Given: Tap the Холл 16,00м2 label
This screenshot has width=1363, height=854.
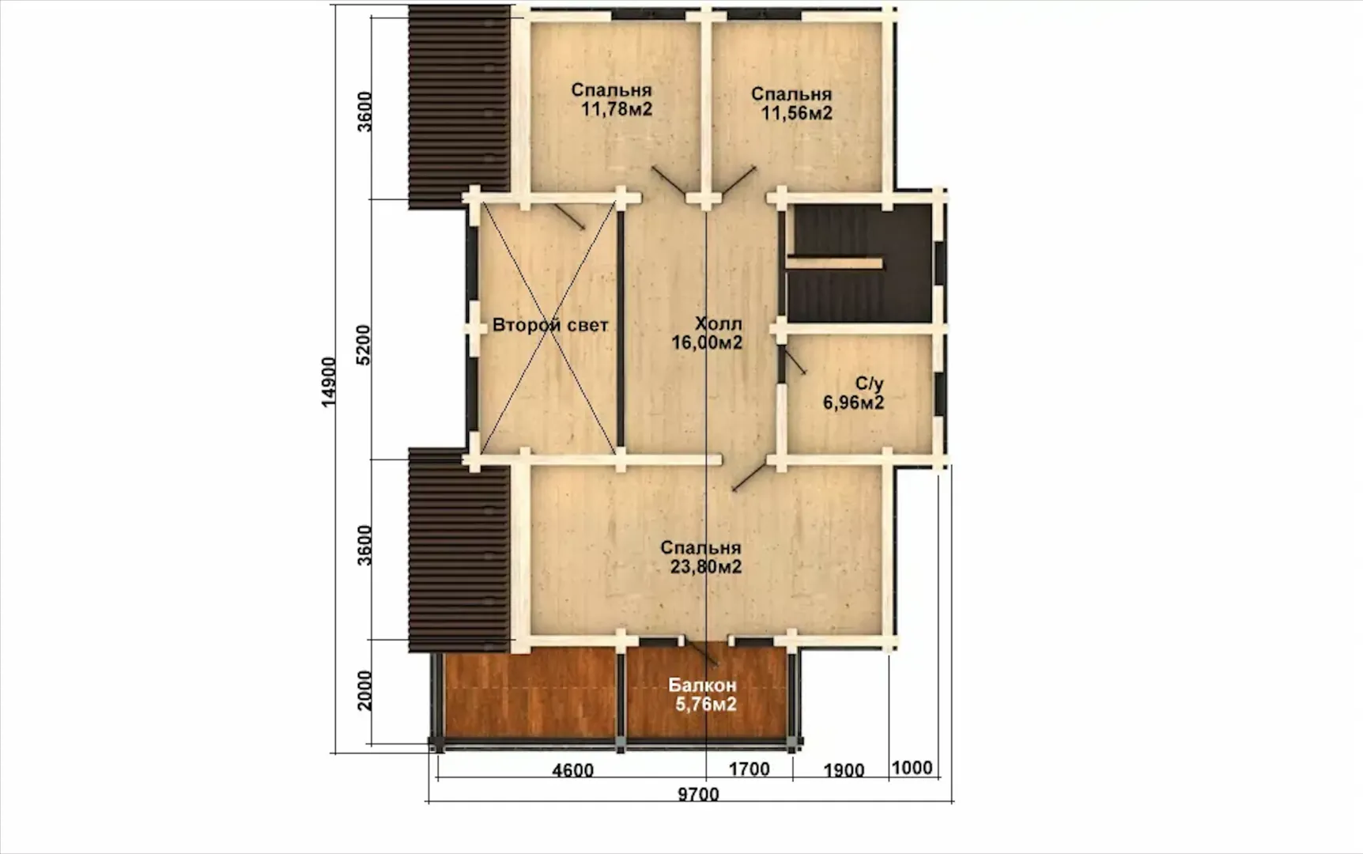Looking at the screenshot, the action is point(708,333).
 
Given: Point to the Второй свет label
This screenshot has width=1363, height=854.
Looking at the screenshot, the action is point(550,325).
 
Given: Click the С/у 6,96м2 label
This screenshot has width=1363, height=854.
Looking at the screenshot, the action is point(854,393).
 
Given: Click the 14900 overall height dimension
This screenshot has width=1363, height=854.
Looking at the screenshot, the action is point(329,382).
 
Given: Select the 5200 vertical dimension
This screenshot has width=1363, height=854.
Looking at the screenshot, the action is point(364,344).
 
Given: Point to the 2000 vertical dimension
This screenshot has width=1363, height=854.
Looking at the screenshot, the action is point(364,690).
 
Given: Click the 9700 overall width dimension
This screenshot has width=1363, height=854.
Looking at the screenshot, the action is point(699,795).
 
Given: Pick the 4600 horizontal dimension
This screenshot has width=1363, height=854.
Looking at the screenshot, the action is point(572,770).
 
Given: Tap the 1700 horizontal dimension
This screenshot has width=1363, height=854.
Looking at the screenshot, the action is point(749,769).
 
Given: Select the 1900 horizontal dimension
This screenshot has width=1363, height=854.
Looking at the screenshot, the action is point(844,770).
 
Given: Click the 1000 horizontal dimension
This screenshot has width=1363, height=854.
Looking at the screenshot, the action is point(912,768).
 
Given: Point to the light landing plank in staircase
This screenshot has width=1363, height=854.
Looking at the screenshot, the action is point(834,263).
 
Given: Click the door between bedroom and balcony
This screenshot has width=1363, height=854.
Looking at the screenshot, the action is point(701,653).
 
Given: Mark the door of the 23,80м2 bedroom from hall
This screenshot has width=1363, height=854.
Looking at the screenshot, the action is point(750,477).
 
